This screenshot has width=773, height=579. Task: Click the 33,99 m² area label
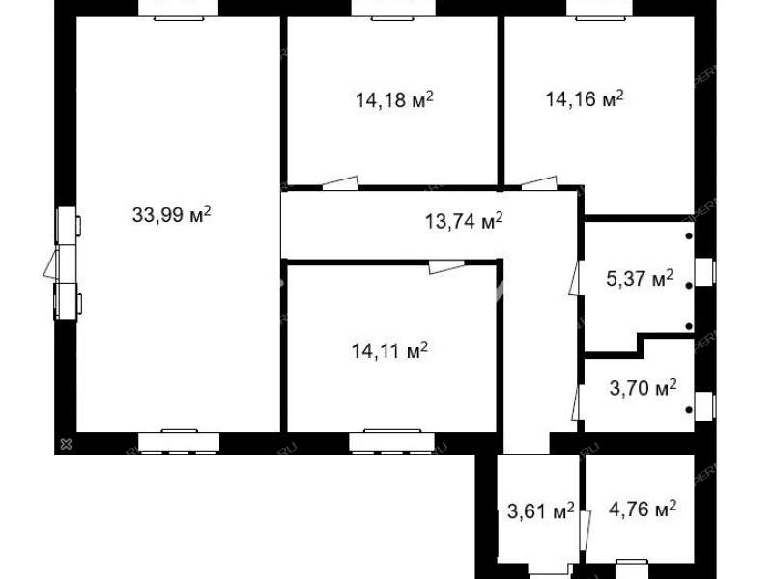pos(172,214)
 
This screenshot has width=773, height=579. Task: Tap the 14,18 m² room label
pos(394,100)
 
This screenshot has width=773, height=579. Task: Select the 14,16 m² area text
pos(585,98)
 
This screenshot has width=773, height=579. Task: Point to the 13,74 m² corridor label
pos(464,221)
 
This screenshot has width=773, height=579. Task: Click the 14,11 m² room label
pos(389,351)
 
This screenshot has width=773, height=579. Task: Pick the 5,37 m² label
pos(640,279)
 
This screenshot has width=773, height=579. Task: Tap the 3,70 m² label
pos(643,388)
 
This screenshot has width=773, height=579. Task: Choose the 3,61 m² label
pos(541,511)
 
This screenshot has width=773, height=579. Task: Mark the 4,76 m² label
pos(643,509)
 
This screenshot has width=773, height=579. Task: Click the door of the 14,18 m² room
pos(340,183)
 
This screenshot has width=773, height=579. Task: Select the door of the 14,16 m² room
pos(540,183)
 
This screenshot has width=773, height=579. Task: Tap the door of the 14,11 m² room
pos(446,266)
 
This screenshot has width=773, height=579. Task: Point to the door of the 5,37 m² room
pos(574,278)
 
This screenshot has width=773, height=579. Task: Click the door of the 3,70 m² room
pos(576,402)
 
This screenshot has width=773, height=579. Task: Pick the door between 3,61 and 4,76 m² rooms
pos(586,530)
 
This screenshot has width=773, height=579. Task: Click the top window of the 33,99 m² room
pos(179,11)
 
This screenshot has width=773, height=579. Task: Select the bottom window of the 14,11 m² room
pos(392,441)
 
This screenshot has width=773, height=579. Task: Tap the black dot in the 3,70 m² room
pos(689,410)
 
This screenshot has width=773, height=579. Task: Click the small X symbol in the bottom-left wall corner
pos(66,444)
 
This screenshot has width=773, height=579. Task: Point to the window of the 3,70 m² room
pos(705,405)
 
